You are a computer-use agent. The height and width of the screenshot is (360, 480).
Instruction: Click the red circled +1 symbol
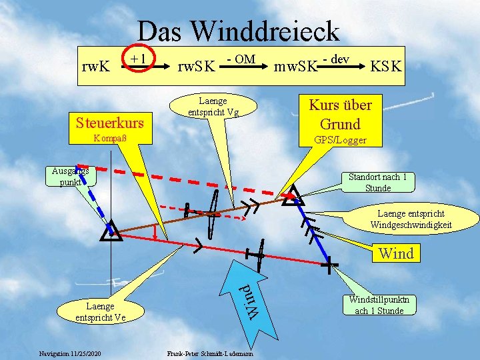point(139,60)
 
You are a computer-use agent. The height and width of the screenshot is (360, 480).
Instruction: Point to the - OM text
point(241,59)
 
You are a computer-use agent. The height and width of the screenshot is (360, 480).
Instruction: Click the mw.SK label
point(296,67)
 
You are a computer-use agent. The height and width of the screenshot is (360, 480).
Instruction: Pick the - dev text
point(336,59)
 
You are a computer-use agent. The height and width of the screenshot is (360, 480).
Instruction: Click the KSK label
point(387,67)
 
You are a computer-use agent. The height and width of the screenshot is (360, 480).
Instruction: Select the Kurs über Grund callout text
point(341,114)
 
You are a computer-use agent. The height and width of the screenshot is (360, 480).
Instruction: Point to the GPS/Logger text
point(340,141)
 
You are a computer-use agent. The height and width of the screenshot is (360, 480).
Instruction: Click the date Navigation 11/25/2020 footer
point(70,352)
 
